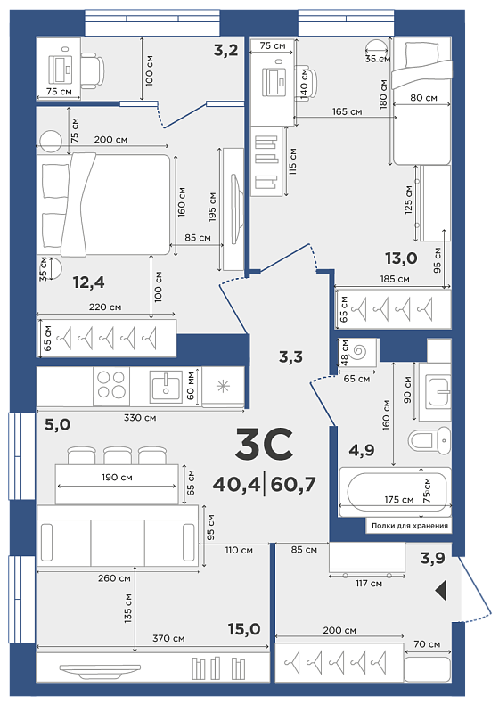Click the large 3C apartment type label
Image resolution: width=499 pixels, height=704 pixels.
264,444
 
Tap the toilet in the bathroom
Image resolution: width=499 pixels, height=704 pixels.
429,439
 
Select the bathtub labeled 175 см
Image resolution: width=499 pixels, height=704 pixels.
395,492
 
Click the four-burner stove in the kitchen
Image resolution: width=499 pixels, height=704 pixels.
111,385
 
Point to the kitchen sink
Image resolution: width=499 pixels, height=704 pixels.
166,386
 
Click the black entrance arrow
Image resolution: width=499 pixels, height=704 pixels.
441,590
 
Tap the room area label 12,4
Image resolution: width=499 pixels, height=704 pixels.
88,282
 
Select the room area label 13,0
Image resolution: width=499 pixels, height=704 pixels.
401,258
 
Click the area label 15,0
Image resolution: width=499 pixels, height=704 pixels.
244,629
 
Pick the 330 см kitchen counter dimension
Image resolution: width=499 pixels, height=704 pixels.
140,418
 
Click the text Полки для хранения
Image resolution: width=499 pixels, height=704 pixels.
410,525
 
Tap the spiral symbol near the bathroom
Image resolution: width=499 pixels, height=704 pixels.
359,351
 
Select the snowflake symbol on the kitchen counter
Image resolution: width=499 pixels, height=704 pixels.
224,386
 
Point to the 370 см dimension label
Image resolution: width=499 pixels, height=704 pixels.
168,638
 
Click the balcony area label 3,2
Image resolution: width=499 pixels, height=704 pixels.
225,50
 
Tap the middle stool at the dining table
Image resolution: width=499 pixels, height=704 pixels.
118,455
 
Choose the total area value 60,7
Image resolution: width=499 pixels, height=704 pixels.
293,485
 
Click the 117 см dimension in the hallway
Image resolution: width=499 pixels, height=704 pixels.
368,583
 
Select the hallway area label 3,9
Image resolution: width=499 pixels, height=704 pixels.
432,558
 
